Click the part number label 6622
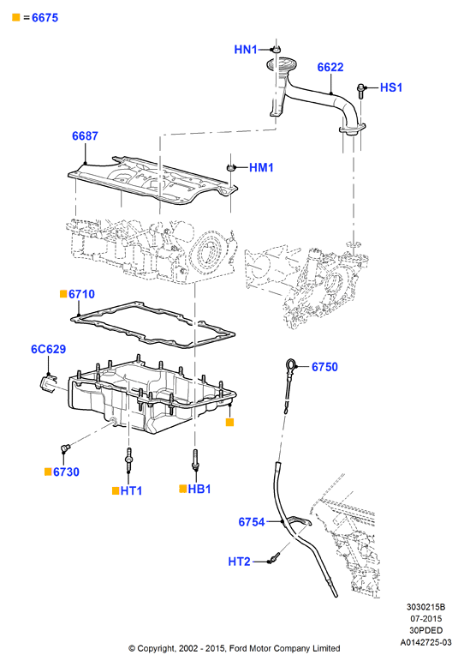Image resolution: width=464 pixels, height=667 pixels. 330,67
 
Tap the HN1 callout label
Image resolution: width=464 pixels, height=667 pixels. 246,50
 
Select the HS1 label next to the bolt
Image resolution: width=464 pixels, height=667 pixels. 391,87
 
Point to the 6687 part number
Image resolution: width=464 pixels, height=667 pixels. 85,136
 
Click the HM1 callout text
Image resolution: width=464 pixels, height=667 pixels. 261,167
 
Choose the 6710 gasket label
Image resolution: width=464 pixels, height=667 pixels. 81,294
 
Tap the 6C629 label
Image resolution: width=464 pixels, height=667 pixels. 49,349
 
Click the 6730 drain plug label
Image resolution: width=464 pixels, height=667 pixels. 66,472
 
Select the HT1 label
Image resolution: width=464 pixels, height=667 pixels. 131,491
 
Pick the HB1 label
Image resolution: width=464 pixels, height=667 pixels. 199,490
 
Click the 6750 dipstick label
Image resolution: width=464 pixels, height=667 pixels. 324,367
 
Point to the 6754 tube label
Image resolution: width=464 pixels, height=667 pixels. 252,522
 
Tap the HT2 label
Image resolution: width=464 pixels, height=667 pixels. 239,562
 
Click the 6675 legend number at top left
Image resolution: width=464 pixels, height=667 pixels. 45,18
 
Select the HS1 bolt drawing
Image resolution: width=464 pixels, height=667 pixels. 360,91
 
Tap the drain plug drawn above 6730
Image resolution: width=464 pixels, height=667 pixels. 65,448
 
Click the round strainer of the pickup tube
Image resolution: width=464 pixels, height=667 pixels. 279,65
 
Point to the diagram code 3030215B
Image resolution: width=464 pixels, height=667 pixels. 425,607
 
